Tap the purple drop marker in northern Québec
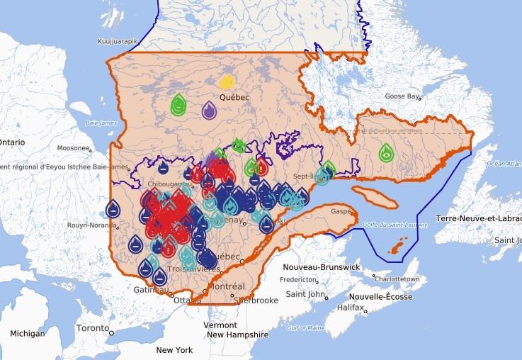(209, 110)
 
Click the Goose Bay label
(402, 96)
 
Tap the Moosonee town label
(73, 148)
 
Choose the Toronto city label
(93, 329)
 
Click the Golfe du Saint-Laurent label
(387, 225)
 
